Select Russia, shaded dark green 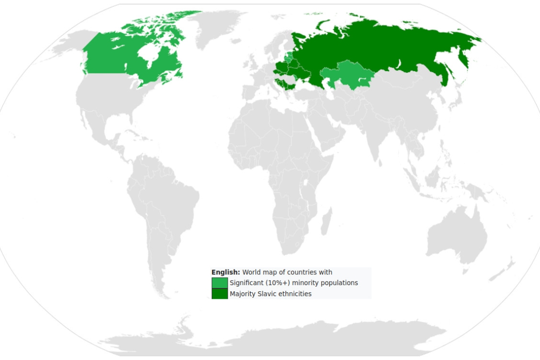click(379, 47)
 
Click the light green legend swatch click(219, 283)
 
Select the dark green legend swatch click(219, 294)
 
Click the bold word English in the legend click(225, 272)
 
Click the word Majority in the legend click(242, 294)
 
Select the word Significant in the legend click(247, 283)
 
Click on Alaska click(66, 45)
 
